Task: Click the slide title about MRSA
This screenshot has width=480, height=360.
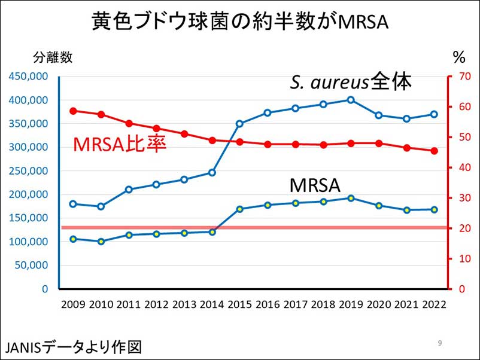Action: click(239, 22)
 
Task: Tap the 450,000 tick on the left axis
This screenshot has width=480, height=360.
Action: click(28, 77)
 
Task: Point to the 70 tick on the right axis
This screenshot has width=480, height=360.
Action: click(459, 77)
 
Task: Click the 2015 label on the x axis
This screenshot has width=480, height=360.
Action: click(239, 304)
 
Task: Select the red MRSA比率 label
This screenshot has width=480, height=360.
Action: click(120, 144)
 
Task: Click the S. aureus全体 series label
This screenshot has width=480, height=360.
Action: click(351, 82)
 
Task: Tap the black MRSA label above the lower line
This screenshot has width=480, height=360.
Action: click(314, 185)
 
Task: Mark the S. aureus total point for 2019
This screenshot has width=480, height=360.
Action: click(351, 100)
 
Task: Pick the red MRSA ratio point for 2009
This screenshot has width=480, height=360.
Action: click(73, 111)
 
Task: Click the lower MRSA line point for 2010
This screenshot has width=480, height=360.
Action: click(101, 242)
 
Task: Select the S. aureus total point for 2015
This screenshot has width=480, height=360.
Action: click(239, 124)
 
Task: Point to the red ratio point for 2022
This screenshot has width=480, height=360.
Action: click(434, 151)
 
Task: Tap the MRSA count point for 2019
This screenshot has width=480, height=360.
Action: click(351, 198)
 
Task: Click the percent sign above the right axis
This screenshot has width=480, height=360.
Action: click(459, 57)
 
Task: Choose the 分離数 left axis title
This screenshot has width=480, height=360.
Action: click(53, 57)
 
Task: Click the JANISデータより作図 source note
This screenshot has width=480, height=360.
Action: click(74, 347)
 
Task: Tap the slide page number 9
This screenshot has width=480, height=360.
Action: click(440, 343)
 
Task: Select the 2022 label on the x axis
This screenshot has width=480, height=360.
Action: click(434, 304)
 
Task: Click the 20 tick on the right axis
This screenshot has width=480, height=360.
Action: click(458, 228)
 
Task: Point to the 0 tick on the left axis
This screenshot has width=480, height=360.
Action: click(45, 289)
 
